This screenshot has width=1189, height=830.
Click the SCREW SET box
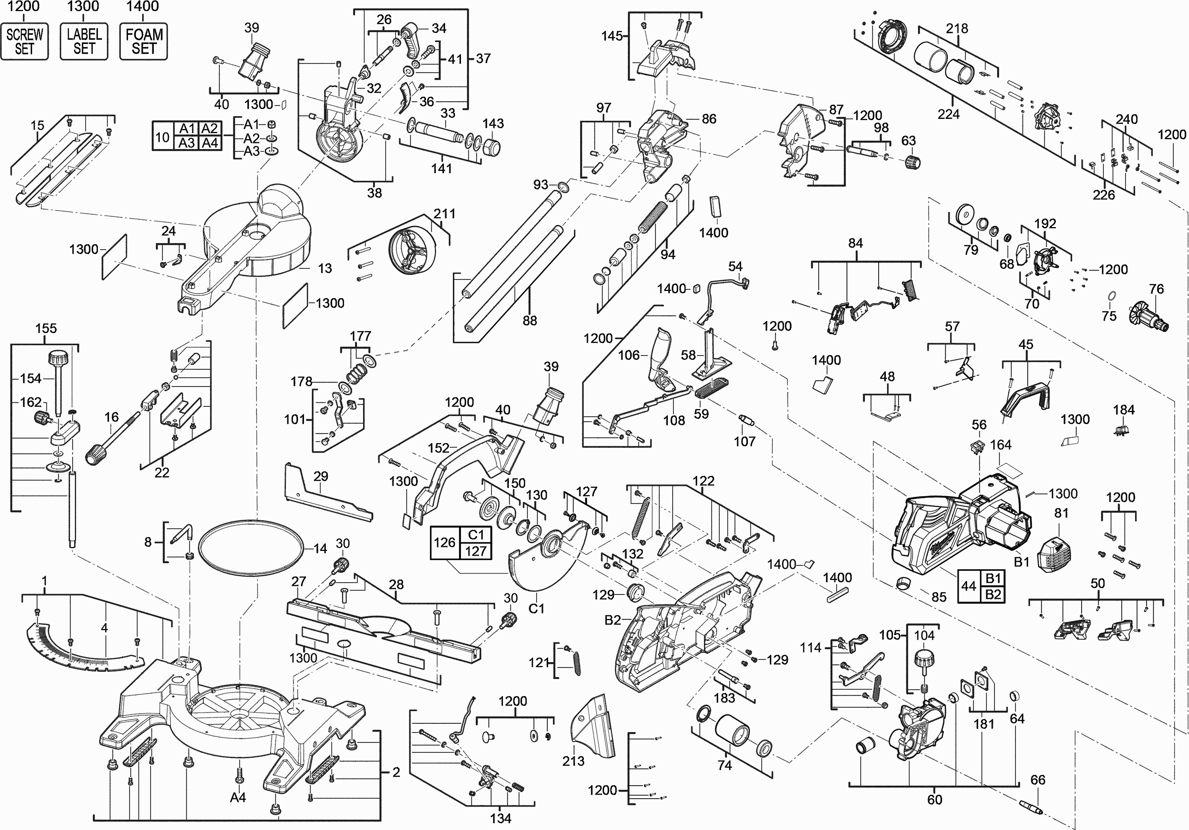[x=24, y=42]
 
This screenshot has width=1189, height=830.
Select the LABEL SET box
[x=84, y=42]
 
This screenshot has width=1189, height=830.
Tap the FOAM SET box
[x=143, y=42]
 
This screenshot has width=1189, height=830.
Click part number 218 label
[x=956, y=29]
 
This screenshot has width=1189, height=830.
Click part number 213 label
[x=573, y=761]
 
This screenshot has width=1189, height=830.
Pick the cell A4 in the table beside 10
[x=210, y=143]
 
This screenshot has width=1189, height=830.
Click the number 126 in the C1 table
[x=444, y=543]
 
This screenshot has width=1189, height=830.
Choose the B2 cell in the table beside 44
[x=993, y=594]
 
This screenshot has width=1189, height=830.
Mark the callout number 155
[x=46, y=328]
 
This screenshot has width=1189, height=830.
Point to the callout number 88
[x=529, y=321]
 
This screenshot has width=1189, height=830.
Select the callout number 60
[x=934, y=799]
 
